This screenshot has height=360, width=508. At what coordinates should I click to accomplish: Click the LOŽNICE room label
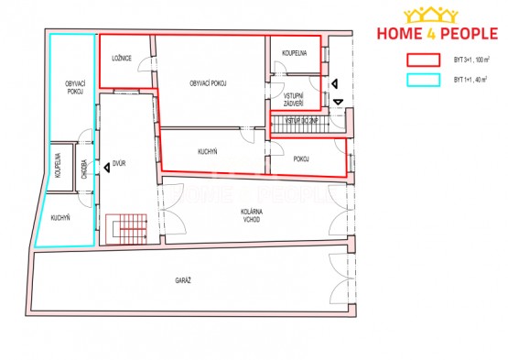click(122, 59)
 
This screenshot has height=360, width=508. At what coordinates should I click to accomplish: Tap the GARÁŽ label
click(183, 280)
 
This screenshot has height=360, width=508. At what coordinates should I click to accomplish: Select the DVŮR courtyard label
click(119, 163)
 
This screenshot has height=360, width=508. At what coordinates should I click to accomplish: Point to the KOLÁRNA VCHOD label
click(252, 215)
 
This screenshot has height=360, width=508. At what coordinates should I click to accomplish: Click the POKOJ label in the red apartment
click(301, 158)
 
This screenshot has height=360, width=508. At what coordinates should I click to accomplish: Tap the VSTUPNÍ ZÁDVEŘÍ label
click(294, 100)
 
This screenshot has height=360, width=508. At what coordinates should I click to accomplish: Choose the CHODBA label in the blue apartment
click(84, 169)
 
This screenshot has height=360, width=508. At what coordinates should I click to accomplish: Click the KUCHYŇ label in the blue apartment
click(60, 218)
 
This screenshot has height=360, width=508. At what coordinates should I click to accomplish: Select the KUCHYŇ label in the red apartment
click(208, 151)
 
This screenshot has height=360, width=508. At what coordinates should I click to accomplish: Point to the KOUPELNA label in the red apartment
click(294, 53)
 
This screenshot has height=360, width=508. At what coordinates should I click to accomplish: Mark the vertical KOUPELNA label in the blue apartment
click(58, 166)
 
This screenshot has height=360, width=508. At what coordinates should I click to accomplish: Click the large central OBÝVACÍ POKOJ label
click(208, 83)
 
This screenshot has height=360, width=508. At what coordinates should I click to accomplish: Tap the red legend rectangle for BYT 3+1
click(423, 60)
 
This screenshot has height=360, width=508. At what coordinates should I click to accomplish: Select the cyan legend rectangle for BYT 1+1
click(423, 80)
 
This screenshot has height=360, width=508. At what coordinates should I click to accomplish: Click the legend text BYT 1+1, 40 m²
click(471, 80)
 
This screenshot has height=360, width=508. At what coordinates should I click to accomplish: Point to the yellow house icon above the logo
click(431, 16)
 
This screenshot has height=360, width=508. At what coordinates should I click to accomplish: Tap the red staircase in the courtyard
click(126, 229)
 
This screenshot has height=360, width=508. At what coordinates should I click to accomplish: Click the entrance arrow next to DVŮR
click(106, 168)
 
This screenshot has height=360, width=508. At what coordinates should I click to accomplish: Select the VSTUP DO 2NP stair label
click(301, 121)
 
